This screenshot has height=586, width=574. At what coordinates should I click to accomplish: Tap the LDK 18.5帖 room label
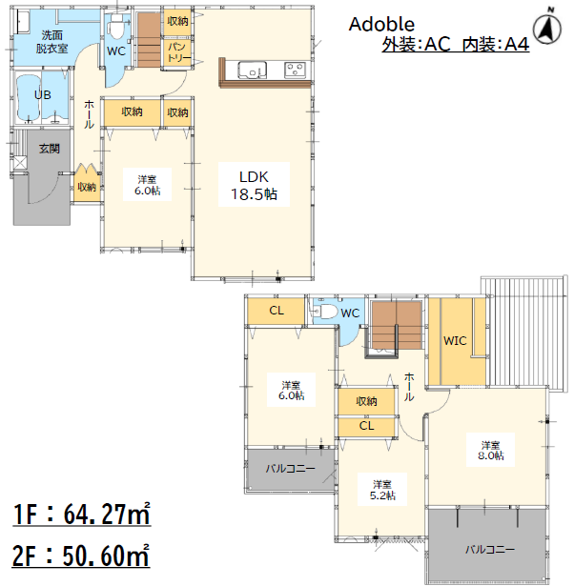click(254, 186)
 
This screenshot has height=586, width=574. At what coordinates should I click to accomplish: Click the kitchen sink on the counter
click(253, 70)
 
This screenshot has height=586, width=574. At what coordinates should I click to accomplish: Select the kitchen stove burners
click(295, 70)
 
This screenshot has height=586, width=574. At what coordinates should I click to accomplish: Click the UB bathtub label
click(43, 95)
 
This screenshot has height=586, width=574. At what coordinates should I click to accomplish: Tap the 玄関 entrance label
click(50, 149)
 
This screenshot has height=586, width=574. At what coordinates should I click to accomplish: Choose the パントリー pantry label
click(178, 52)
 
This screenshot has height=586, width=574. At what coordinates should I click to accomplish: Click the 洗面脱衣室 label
click(52, 42)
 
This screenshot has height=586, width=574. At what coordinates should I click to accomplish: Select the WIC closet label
click(455, 341)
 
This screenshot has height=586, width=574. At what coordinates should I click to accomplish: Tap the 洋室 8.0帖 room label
click(491, 451)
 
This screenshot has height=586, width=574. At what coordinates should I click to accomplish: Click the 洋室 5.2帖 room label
click(382, 490)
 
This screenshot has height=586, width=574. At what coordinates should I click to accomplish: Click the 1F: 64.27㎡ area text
click(81, 514)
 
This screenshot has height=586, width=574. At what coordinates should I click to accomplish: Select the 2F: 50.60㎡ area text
click(81, 556)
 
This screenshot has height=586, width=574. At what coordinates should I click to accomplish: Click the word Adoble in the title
click(381, 24)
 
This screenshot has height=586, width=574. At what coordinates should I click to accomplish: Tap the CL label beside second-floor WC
click(277, 311)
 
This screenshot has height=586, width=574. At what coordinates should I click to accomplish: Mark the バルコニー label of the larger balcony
click(490, 549)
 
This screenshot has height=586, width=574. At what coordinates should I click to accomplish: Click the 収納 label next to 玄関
click(87, 187)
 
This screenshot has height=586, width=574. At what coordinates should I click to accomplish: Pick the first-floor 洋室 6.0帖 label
click(148, 185)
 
